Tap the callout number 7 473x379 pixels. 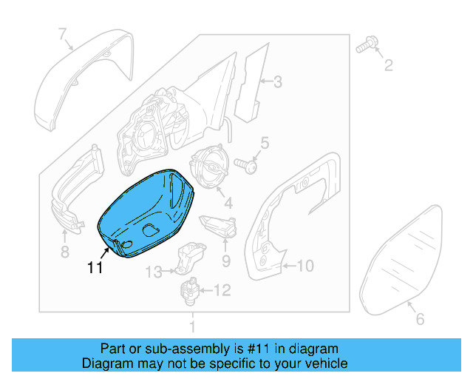(63, 33)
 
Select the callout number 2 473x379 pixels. (387, 67)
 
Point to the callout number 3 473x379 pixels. (277, 82)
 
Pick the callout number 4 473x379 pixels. (228, 202)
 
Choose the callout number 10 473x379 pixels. (305, 265)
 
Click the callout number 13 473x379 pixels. (152, 272)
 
